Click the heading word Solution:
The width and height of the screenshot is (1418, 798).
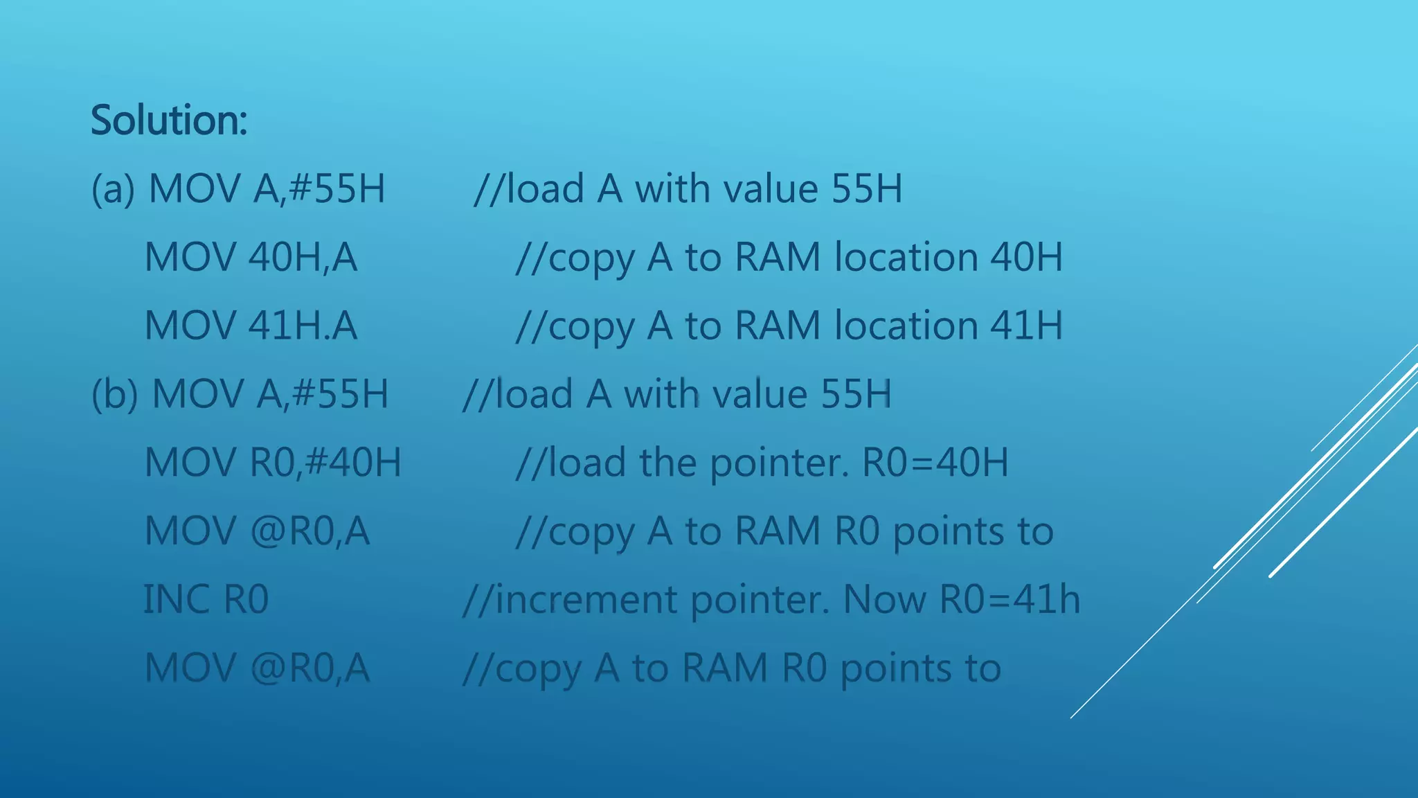pyautogui.click(x=169, y=120)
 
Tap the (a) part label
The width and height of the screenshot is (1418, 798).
pyautogui.click(x=113, y=188)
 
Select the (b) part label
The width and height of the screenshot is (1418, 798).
pyautogui.click(x=114, y=393)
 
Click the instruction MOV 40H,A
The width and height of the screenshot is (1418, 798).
pyautogui.click(x=251, y=257)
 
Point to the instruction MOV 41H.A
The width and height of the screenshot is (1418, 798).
pyautogui.click(x=251, y=326)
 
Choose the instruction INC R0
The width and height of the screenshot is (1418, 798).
pyautogui.click(x=206, y=599)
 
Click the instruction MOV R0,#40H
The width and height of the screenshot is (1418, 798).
pyautogui.click(x=273, y=462)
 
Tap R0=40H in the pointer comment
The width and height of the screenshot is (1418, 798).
pyautogui.click(x=935, y=462)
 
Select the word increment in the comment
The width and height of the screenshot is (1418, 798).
pyautogui.click(x=586, y=599)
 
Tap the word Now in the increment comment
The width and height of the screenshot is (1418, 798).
pyautogui.click(x=884, y=599)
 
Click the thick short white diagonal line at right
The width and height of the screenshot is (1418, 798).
pyautogui.click(x=1343, y=502)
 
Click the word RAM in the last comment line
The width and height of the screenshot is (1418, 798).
pyautogui.click(x=724, y=668)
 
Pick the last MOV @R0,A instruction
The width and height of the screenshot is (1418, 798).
pyautogui.click(x=257, y=668)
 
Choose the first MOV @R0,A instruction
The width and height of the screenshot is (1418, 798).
pyautogui.click(x=257, y=531)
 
